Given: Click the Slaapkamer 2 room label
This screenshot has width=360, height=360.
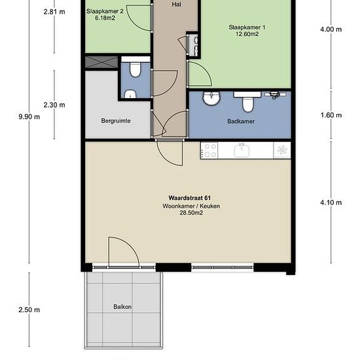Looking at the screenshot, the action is tap(105, 11).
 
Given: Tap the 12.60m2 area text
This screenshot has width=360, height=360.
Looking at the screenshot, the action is tap(247, 34).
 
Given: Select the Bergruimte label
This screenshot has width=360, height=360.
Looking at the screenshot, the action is tap(116, 120).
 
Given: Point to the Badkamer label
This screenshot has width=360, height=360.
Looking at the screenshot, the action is tap(241, 121).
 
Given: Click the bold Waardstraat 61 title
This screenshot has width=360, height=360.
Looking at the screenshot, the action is tap(190, 198).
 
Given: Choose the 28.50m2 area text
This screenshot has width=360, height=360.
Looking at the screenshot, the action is tap(191, 213).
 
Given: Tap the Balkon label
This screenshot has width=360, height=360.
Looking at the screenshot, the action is tap(122, 307).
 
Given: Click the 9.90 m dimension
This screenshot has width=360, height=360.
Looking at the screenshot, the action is tap(29, 117).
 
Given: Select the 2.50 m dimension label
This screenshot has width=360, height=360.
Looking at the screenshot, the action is tap(29, 310).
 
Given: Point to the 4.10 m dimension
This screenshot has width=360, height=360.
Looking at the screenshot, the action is tap(331, 202).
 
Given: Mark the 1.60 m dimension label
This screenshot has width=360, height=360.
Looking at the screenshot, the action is tap(331, 115).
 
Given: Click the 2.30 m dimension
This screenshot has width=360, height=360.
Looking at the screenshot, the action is tap(54, 105).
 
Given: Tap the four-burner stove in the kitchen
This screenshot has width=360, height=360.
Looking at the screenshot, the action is tap(209, 151).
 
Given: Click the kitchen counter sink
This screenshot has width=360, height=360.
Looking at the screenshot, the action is tap(242, 151).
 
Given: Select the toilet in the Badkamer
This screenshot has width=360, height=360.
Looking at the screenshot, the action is tap(247, 101).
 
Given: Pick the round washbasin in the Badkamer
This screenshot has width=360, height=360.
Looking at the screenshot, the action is tap(211, 98).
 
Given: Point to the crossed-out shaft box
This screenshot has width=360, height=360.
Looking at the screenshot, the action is tap(101, 62).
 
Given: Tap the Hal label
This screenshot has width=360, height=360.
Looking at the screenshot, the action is tap(176, 5).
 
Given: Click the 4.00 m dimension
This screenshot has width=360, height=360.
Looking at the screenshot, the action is tap(331, 29).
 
